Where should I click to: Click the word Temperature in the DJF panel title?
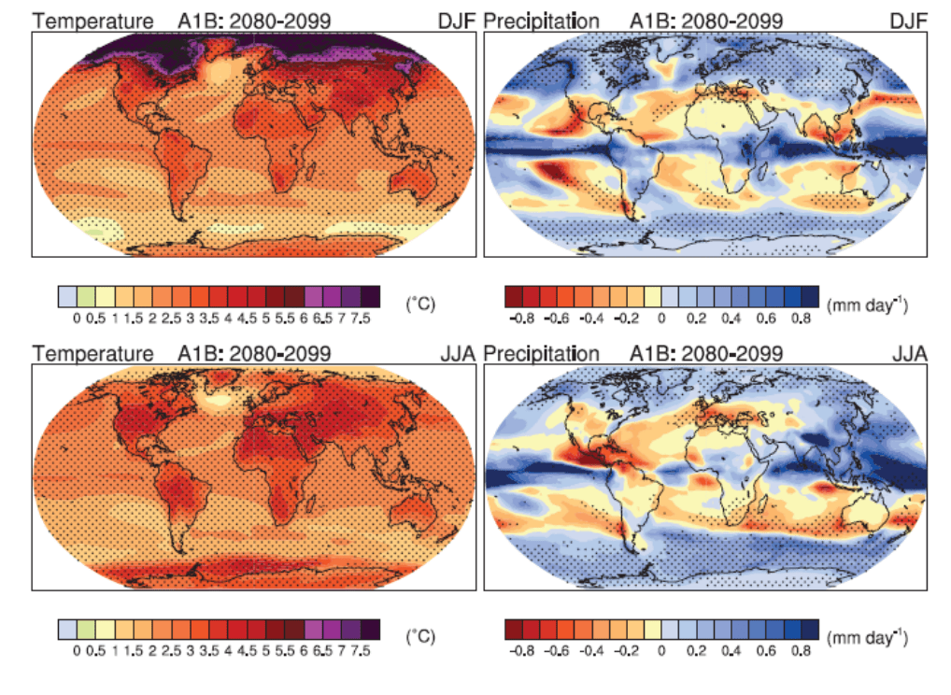pos(92,20)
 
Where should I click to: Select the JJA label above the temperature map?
pos(458,354)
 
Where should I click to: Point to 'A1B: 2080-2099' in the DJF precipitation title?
pos(706,20)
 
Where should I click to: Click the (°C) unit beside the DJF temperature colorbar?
pos(420,304)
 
